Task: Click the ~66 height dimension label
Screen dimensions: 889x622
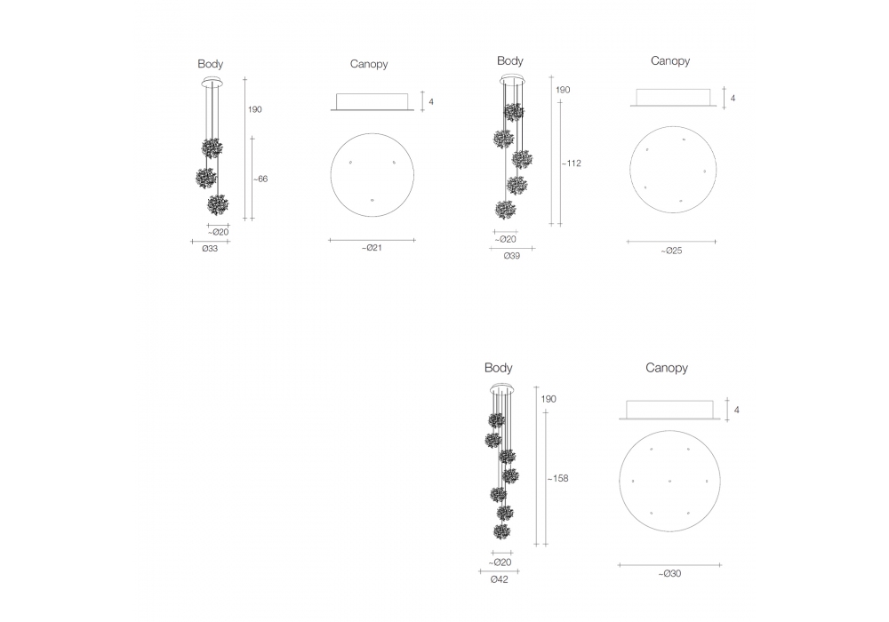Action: click(x=260, y=179)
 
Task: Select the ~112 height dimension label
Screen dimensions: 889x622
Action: click(x=572, y=163)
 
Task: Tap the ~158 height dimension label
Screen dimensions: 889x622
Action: click(x=558, y=478)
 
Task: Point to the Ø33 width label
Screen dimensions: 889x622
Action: click(x=210, y=248)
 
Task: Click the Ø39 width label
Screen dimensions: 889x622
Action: click(x=512, y=256)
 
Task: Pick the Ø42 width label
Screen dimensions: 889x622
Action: click(x=500, y=579)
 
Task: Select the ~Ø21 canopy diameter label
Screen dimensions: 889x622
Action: click(x=372, y=248)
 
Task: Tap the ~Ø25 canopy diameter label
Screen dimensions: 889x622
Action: click(x=671, y=251)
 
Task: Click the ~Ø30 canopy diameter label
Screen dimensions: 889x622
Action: click(x=669, y=573)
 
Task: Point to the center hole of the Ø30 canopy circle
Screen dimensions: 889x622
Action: click(x=669, y=481)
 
